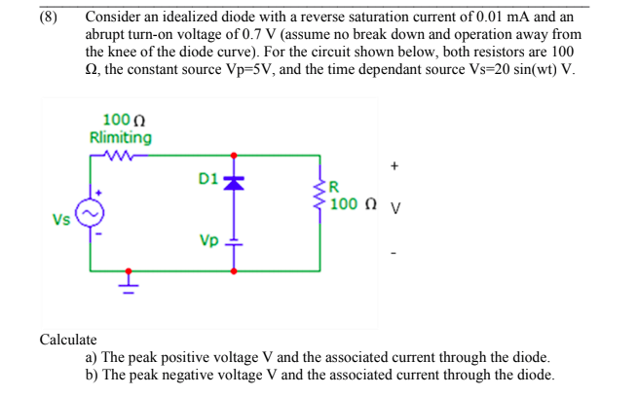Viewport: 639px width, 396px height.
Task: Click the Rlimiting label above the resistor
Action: tap(120, 137)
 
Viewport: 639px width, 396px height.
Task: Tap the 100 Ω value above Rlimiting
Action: tap(117, 122)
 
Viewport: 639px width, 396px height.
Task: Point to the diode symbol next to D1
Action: tap(233, 182)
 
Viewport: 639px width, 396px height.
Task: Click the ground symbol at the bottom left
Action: tap(129, 282)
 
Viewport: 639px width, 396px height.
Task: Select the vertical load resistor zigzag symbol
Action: tap(319, 195)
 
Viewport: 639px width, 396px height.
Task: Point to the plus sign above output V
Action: tap(394, 166)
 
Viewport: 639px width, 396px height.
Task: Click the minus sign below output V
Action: tap(394, 255)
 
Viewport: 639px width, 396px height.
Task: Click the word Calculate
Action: tap(67, 340)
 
